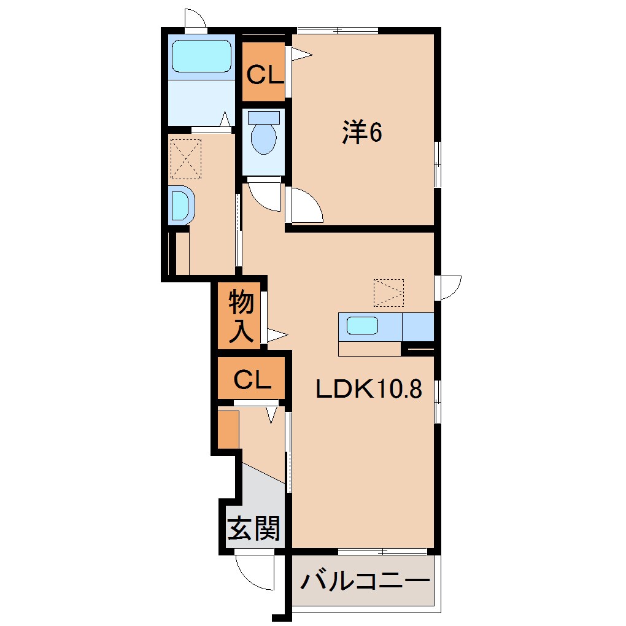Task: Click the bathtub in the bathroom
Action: pyautogui.click(x=201, y=56)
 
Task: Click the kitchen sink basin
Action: pyautogui.click(x=362, y=325)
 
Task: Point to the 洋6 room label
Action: pyautogui.click(x=362, y=133)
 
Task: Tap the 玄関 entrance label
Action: pyautogui.click(x=254, y=527)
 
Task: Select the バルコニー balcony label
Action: pyautogui.click(x=365, y=580)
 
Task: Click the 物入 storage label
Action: pyautogui.click(x=241, y=317)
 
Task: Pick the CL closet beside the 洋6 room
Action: pyautogui.click(x=265, y=75)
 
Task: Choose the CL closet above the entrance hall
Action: pyautogui.click(x=252, y=381)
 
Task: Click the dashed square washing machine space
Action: pyautogui.click(x=186, y=158)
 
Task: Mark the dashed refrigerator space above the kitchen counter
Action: pyautogui.click(x=388, y=293)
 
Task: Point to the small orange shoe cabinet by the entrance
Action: pyautogui.click(x=228, y=430)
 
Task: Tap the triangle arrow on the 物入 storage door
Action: pyautogui.click(x=276, y=335)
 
